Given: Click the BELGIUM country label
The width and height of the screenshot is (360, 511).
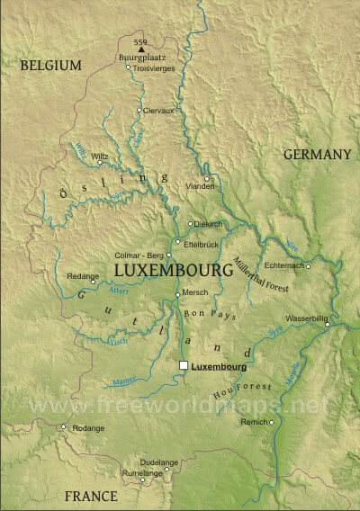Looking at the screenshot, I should tap(52, 65).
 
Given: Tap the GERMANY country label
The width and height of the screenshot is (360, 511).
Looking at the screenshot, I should tap(317, 155).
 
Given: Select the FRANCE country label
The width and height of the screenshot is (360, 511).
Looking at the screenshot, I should tap(90, 496).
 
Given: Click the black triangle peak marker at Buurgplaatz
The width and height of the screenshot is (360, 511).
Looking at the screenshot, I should tap(139, 50).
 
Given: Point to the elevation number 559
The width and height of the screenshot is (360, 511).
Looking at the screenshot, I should tap(139, 42).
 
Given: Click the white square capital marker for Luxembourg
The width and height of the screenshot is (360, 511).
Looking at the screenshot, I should tap(184, 366).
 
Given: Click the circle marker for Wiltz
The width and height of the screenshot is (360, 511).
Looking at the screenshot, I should tap(99, 164).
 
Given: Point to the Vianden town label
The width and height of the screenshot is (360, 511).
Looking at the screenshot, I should tap(200, 186).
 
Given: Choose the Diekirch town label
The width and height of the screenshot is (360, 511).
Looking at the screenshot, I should tap(210, 223).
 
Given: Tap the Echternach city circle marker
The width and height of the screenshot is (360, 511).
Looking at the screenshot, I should tap(308, 265).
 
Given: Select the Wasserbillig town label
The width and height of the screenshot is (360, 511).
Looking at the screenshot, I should tap(307, 318).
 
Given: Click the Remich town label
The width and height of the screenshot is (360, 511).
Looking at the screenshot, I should tap(254, 422).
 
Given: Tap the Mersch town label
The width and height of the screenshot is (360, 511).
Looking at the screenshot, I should tap(195, 294).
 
